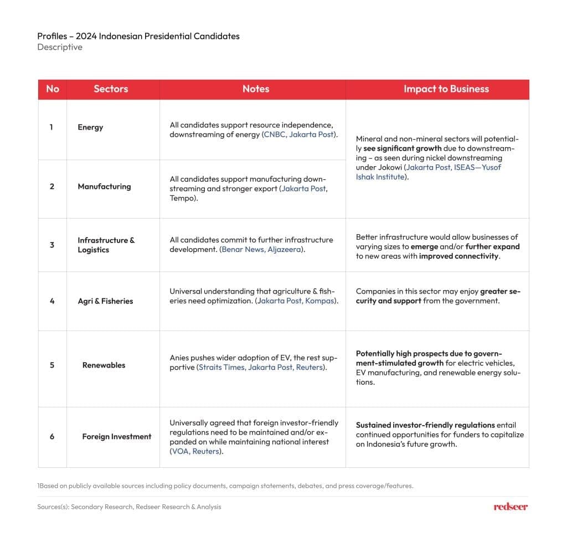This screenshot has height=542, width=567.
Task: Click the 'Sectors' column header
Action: pyautogui.click(x=111, y=89)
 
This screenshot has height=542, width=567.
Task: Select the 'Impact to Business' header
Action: pyautogui.click(x=446, y=89)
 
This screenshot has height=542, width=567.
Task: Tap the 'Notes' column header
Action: pyautogui.click(x=256, y=89)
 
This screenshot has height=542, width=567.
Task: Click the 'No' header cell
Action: pyautogui.click(x=53, y=89)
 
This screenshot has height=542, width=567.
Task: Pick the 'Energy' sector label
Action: pyautogui.click(x=90, y=127)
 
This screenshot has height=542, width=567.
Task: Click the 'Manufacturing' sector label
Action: pyautogui.click(x=104, y=187)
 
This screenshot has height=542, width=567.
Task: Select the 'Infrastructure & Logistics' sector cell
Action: pyautogui.click(x=106, y=245)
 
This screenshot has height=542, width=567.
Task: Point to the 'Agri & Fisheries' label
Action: pyautogui.click(x=105, y=301)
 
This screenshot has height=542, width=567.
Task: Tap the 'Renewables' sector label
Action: pyautogui.click(x=104, y=365)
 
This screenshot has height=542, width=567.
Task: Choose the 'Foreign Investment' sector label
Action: pyautogui.click(x=116, y=437)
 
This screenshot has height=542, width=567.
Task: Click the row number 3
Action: pyautogui.click(x=52, y=245)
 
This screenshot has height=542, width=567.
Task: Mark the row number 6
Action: pyautogui.click(x=52, y=437)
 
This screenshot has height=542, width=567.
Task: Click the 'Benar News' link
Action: pyautogui.click(x=244, y=250)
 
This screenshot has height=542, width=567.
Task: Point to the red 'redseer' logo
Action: pyautogui.click(x=511, y=507)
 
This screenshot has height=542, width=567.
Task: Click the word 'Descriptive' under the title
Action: pyautogui.click(x=60, y=48)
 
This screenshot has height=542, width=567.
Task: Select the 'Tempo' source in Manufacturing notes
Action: pyautogui.click(x=181, y=198)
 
